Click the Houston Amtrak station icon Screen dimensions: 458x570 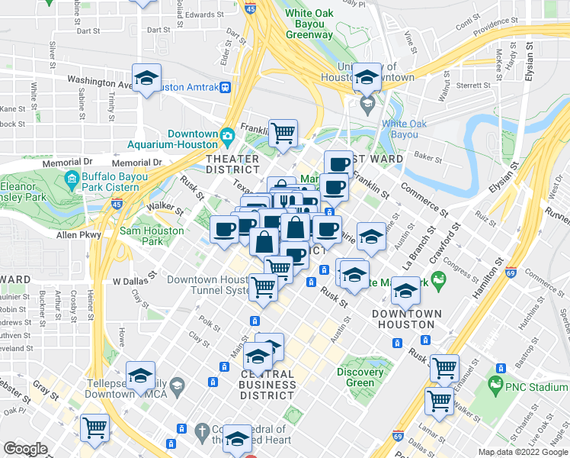pos(226,87)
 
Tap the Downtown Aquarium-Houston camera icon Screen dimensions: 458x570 pos(227,137)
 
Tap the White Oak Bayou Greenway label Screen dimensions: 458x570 pos(309,24)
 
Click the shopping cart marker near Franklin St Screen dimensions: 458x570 pos(283,133)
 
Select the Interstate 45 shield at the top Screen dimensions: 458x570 pos(251,8)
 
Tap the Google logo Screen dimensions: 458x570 pos(25,449)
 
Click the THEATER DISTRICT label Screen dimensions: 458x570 pos(233,163)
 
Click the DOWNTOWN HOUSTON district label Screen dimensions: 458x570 pos(406,319)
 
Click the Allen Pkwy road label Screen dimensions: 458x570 pos(79,236)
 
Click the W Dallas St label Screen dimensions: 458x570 pos(134,280)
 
